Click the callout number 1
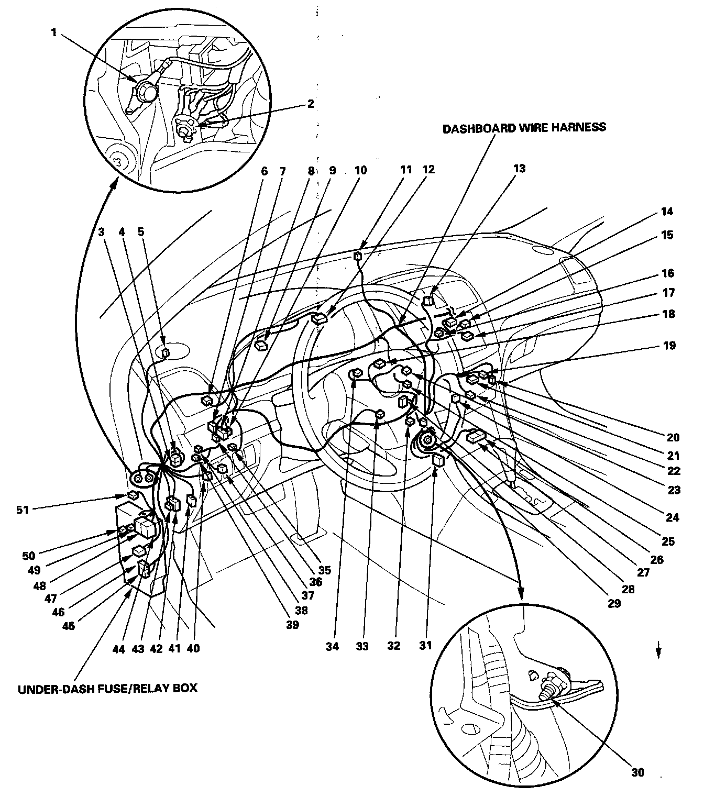click(53, 32)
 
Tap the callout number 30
click(637, 772)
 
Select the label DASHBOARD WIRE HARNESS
click(524, 127)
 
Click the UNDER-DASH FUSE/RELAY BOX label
click(108, 688)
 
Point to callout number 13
click(520, 169)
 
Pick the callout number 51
click(22, 508)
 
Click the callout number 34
click(332, 646)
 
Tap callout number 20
click(673, 437)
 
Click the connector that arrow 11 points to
click(358, 256)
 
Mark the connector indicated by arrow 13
click(427, 301)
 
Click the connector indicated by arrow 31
click(437, 460)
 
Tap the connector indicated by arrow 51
click(133, 495)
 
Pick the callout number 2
click(311, 104)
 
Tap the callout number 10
click(361, 170)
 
